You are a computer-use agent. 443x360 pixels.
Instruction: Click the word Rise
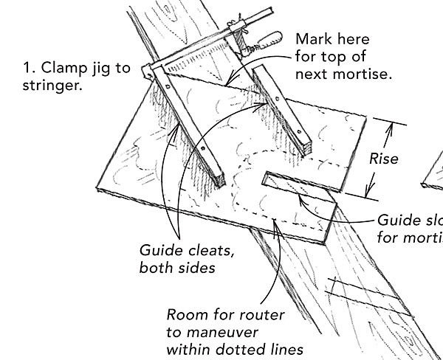(x=384, y=159)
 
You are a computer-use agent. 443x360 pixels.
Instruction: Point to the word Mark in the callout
(x=312, y=38)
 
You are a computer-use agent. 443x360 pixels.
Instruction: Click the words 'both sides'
(x=177, y=268)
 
